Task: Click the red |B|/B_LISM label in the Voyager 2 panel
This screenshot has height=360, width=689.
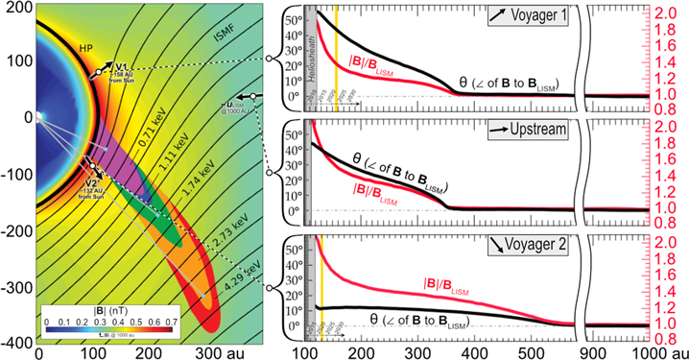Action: [449, 285]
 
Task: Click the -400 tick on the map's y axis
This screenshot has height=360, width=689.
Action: [17, 343]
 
